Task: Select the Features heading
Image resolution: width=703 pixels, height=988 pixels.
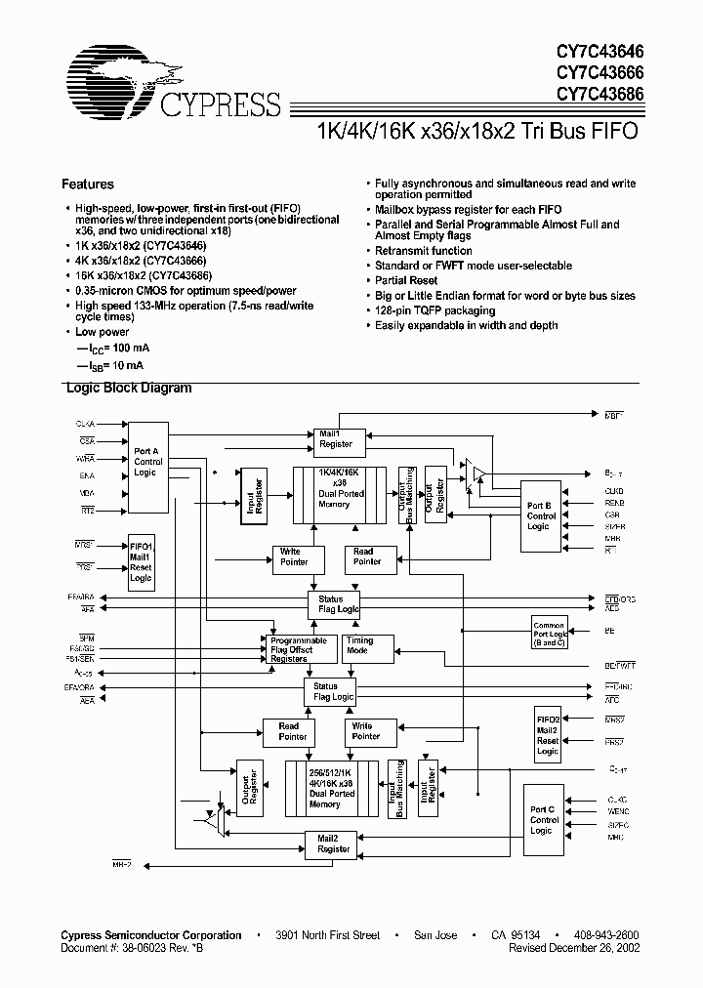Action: click(88, 184)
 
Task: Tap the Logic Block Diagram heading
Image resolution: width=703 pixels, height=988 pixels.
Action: click(128, 388)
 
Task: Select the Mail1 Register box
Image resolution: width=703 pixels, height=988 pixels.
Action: click(336, 439)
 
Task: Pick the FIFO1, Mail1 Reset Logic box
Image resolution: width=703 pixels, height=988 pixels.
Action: click(141, 561)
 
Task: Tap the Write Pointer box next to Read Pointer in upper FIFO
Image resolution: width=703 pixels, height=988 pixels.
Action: click(295, 557)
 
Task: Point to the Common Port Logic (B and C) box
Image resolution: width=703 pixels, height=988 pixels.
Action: click(550, 633)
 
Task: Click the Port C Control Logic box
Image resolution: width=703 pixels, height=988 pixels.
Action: click(543, 818)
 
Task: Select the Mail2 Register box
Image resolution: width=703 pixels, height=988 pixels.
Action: click(335, 844)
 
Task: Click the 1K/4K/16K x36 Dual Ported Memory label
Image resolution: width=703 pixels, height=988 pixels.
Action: click(341, 488)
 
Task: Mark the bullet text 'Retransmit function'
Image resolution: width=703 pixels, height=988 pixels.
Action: click(424, 251)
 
